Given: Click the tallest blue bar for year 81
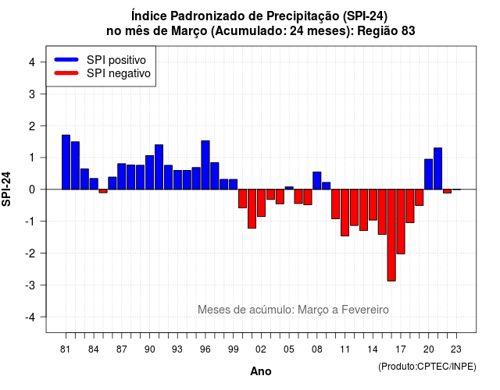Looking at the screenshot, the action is pyautogui.click(x=66, y=162).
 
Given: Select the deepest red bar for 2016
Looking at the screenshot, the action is pyautogui.click(x=391, y=236).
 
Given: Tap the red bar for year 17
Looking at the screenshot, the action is pyautogui.click(x=401, y=222).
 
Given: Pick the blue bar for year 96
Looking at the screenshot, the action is pyautogui.click(x=205, y=165).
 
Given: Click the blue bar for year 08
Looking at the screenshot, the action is pyautogui.click(x=317, y=180).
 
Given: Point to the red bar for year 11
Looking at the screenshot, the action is pyautogui.click(x=345, y=213).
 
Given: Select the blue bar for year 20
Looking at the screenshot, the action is pyautogui.click(x=429, y=174).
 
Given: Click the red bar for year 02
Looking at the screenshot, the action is pyautogui.click(x=261, y=203).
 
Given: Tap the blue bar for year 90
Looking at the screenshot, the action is pyautogui.click(x=149, y=172).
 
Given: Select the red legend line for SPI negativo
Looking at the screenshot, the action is pyautogui.click(x=66, y=73).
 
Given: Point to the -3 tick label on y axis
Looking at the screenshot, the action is pyautogui.click(x=32, y=285).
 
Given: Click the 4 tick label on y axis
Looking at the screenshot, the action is pyautogui.click(x=32, y=62).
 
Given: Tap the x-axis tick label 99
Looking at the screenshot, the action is pyautogui.click(x=234, y=349).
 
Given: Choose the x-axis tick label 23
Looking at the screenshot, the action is pyautogui.click(x=456, y=349).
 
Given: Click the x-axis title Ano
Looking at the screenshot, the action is pyautogui.click(x=261, y=371).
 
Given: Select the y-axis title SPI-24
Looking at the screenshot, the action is pyautogui.click(x=6, y=189).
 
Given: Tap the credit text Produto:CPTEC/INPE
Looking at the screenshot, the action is pyautogui.click(x=427, y=367).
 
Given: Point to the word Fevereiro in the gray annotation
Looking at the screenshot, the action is pyautogui.click(x=365, y=310).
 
